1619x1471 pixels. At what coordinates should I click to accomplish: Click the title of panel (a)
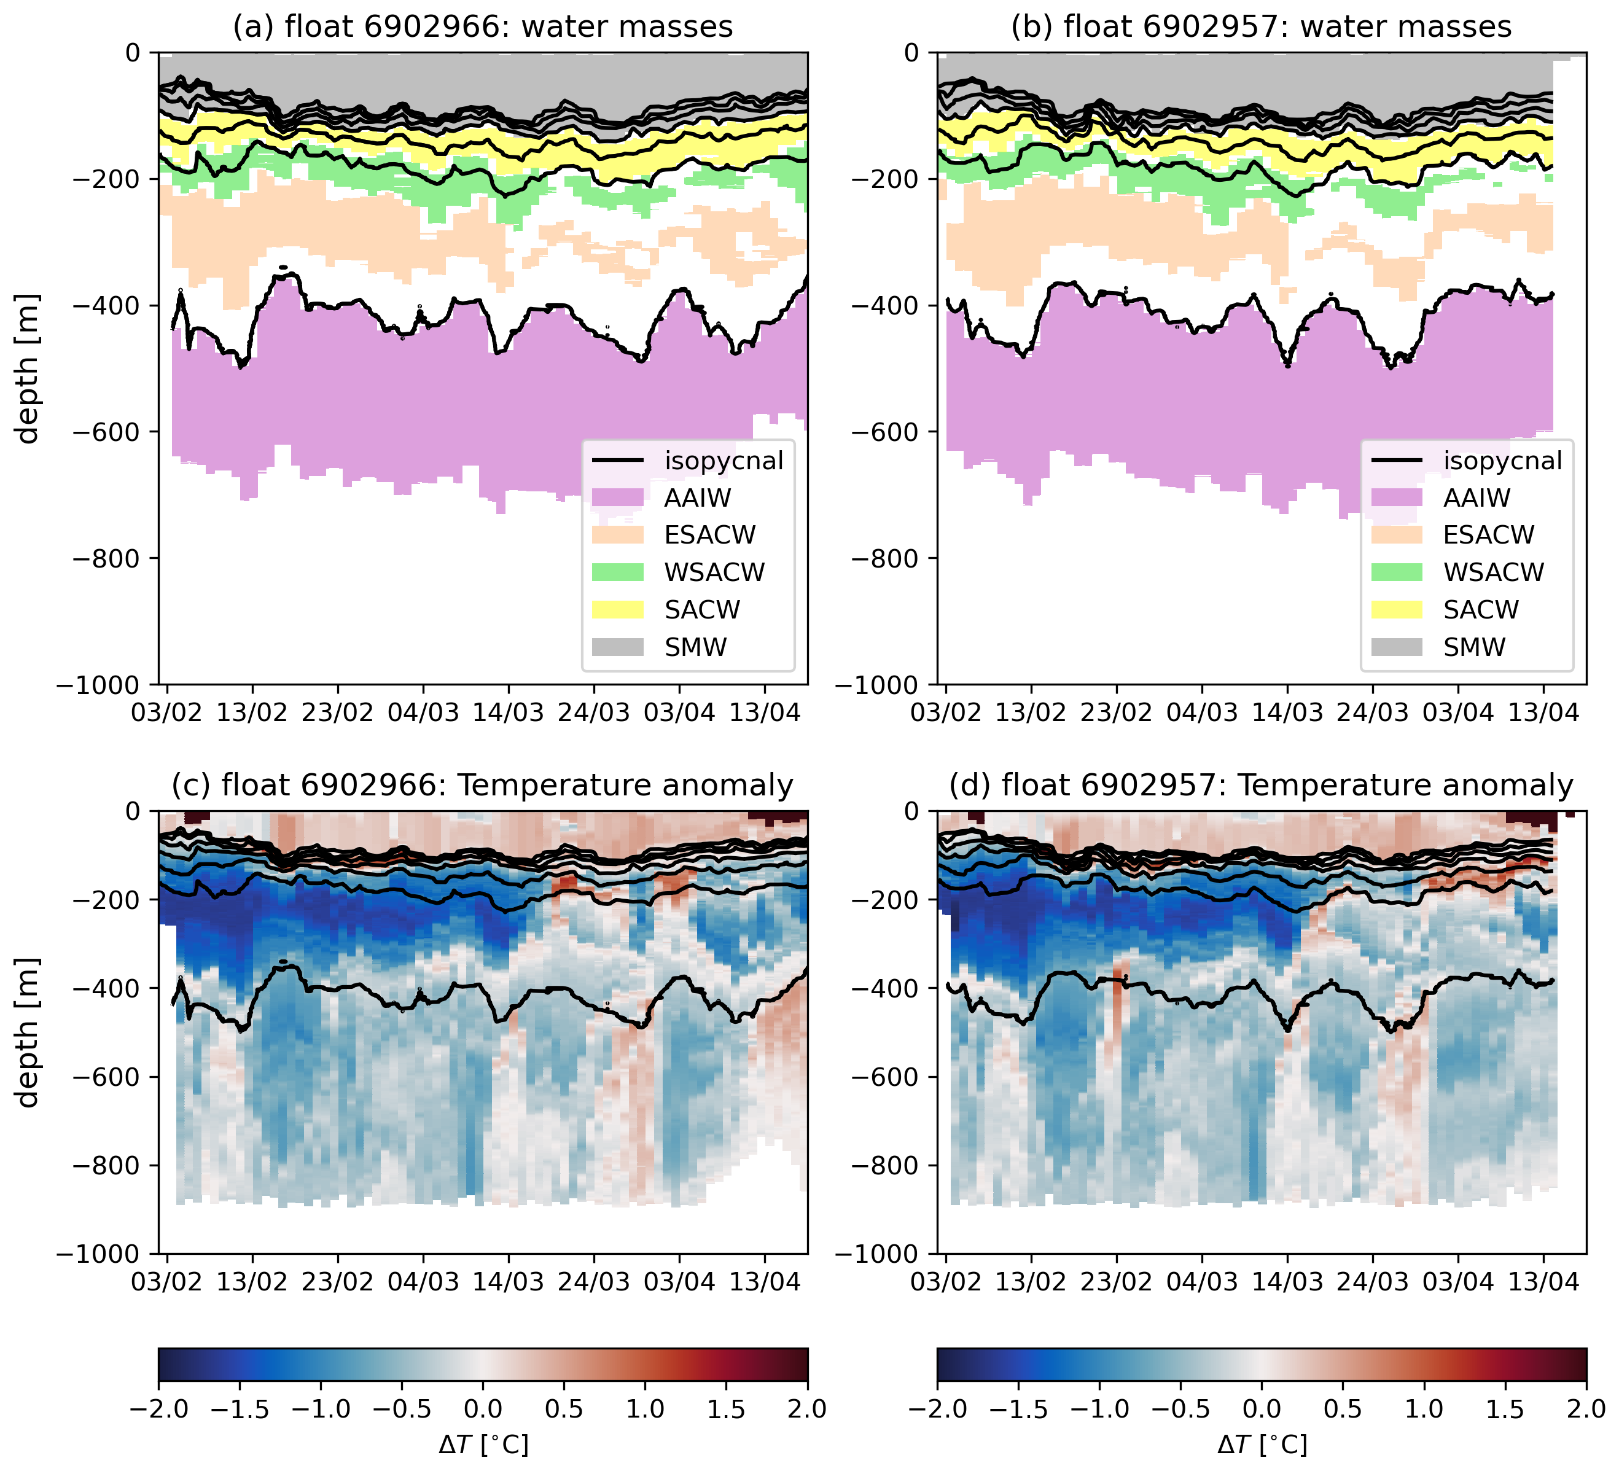click(x=483, y=26)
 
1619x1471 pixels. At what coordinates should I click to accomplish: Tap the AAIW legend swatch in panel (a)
click(x=617, y=498)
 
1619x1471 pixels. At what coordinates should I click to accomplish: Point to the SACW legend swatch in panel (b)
click(x=1397, y=609)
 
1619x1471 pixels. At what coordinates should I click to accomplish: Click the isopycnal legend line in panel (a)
click(x=617, y=461)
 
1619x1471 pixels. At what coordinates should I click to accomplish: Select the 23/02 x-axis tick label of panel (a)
click(x=338, y=713)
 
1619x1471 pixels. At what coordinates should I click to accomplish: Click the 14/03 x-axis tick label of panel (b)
click(x=1287, y=713)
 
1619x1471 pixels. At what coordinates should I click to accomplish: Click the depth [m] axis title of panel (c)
click(x=28, y=1032)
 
